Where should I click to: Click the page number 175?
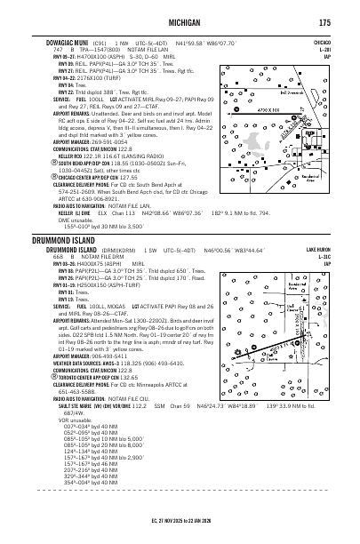pos(325,21)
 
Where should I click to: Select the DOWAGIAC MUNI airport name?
pos(61,41)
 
